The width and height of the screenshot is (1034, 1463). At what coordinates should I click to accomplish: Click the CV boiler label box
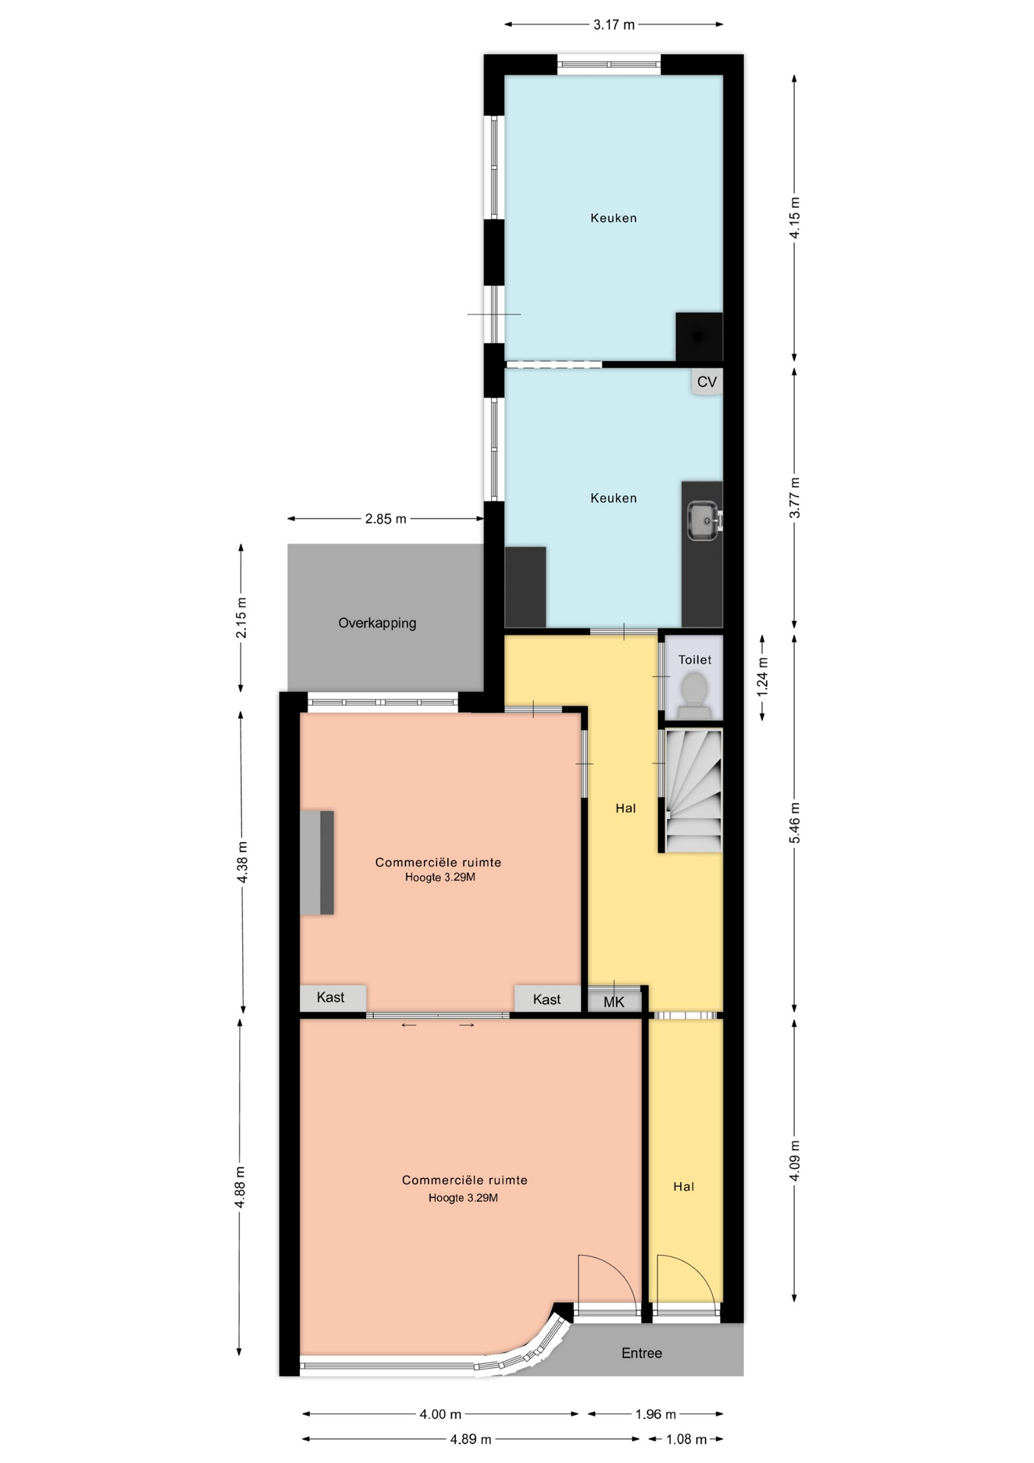point(707,382)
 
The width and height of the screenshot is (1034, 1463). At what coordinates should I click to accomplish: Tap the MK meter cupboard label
point(614,1002)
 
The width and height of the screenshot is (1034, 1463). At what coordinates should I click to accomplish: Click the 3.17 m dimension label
point(614,24)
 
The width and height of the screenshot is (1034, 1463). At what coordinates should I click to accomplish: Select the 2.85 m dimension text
point(385,519)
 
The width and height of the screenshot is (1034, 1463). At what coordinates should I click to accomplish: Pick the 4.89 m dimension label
point(471,1439)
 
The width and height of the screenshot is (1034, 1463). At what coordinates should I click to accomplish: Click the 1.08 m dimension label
point(687,1439)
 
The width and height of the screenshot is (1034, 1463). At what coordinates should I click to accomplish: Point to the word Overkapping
point(377,623)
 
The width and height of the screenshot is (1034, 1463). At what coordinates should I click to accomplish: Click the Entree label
point(642,1353)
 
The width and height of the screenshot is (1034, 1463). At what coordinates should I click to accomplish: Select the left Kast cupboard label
point(330,997)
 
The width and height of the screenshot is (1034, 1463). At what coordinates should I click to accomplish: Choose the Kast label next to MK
point(547,1000)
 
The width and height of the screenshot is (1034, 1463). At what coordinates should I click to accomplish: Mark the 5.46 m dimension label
point(795,823)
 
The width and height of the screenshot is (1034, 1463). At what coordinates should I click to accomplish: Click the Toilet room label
point(694,660)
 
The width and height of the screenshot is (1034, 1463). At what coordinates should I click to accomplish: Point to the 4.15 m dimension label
point(795,218)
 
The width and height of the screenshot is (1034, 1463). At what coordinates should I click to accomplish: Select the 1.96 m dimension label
point(656,1414)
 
